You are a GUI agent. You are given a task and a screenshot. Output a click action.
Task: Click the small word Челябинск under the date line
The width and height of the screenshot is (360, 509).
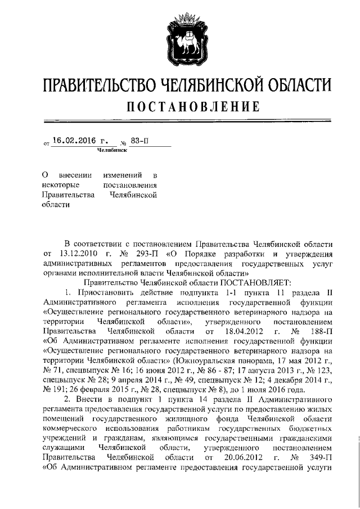point(111,151)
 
